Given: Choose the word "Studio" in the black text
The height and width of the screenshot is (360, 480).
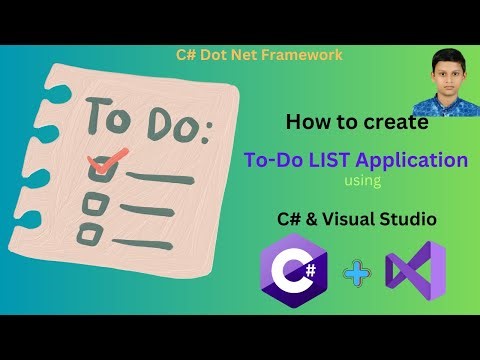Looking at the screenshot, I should tap(427, 217).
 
